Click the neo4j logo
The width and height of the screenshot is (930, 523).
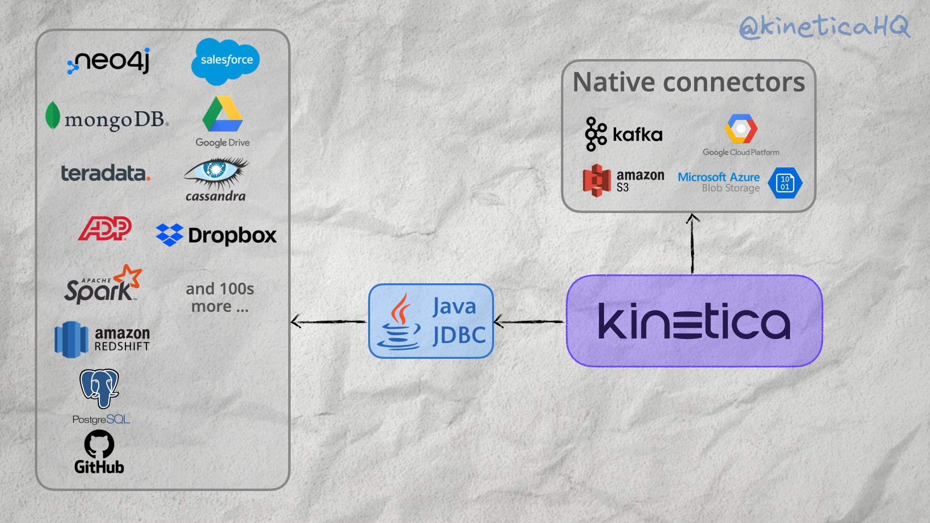pyautogui.click(x=108, y=62)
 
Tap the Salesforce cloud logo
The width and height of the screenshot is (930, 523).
pyautogui.click(x=226, y=61)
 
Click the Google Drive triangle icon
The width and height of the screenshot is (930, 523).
pyautogui.click(x=222, y=115)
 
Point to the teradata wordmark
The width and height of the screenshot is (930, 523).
pyautogui.click(x=106, y=173)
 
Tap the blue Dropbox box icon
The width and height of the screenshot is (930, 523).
pyautogui.click(x=169, y=235)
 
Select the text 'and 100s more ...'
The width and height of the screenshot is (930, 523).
pyautogui.click(x=220, y=297)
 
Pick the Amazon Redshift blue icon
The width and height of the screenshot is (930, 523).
pyautogui.click(x=71, y=339)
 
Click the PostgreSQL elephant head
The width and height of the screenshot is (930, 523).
pyautogui.click(x=99, y=388)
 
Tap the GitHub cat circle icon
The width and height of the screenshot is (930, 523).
pyautogui.click(x=99, y=444)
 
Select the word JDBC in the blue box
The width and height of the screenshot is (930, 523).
pyautogui.click(x=459, y=335)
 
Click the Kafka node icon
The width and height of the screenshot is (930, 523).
pyautogui.click(x=595, y=134)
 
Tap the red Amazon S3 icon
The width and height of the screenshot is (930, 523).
pyautogui.click(x=596, y=180)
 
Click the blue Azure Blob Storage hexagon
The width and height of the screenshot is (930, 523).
pyautogui.click(x=785, y=183)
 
